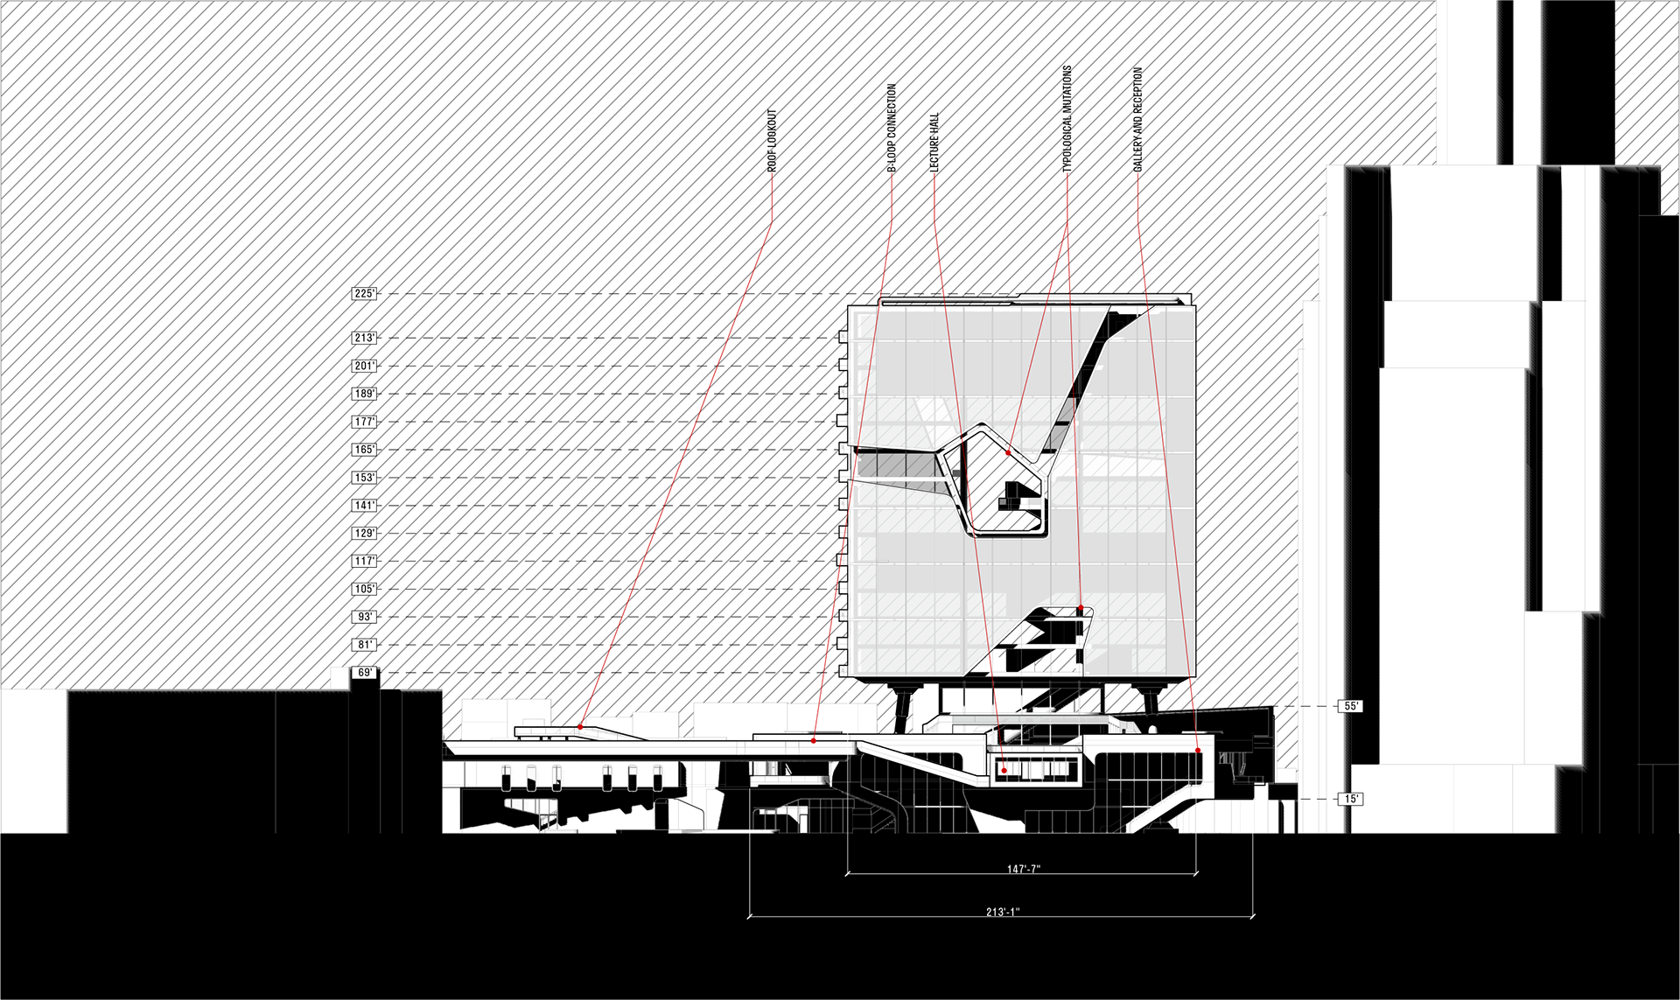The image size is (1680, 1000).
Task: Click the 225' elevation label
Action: pos(364,294)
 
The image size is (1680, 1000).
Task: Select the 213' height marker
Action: pos(364,338)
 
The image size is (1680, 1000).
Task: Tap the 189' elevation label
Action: pos(364,394)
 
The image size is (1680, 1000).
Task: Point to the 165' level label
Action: pos(364,450)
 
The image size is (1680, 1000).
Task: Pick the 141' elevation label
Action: pos(364,506)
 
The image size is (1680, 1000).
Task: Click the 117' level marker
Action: pos(364,561)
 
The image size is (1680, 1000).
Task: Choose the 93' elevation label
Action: pos(364,617)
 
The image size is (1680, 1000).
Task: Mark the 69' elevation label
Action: pos(364,673)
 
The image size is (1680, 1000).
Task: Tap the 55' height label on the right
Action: pos(1351,706)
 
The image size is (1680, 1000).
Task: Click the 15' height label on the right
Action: pos(1351,799)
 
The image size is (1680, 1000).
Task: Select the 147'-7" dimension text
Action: pos(1023,870)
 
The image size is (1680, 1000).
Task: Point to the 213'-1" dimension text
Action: pos(1003,912)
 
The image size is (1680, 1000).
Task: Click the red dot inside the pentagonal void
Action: pos(1008,453)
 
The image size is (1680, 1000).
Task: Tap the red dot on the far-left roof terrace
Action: pos(580,726)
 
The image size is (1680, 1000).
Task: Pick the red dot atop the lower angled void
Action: pos(1081,608)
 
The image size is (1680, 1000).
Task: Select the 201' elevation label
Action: pos(364,366)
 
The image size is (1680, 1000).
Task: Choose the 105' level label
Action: pos(364,589)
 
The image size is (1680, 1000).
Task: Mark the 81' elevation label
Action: pos(364,645)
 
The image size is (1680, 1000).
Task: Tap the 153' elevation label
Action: pos(364,478)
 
